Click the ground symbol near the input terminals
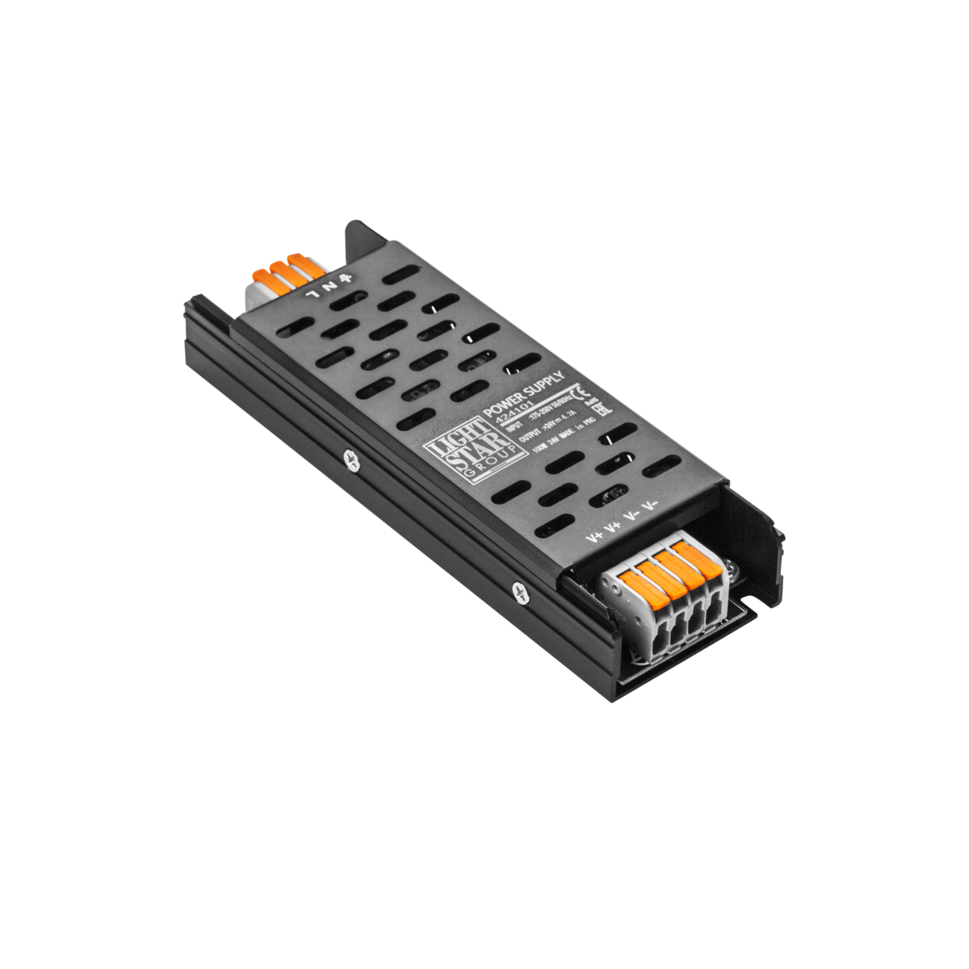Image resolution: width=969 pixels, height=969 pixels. click(347, 277)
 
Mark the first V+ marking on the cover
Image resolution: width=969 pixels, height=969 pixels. click(595, 536)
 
